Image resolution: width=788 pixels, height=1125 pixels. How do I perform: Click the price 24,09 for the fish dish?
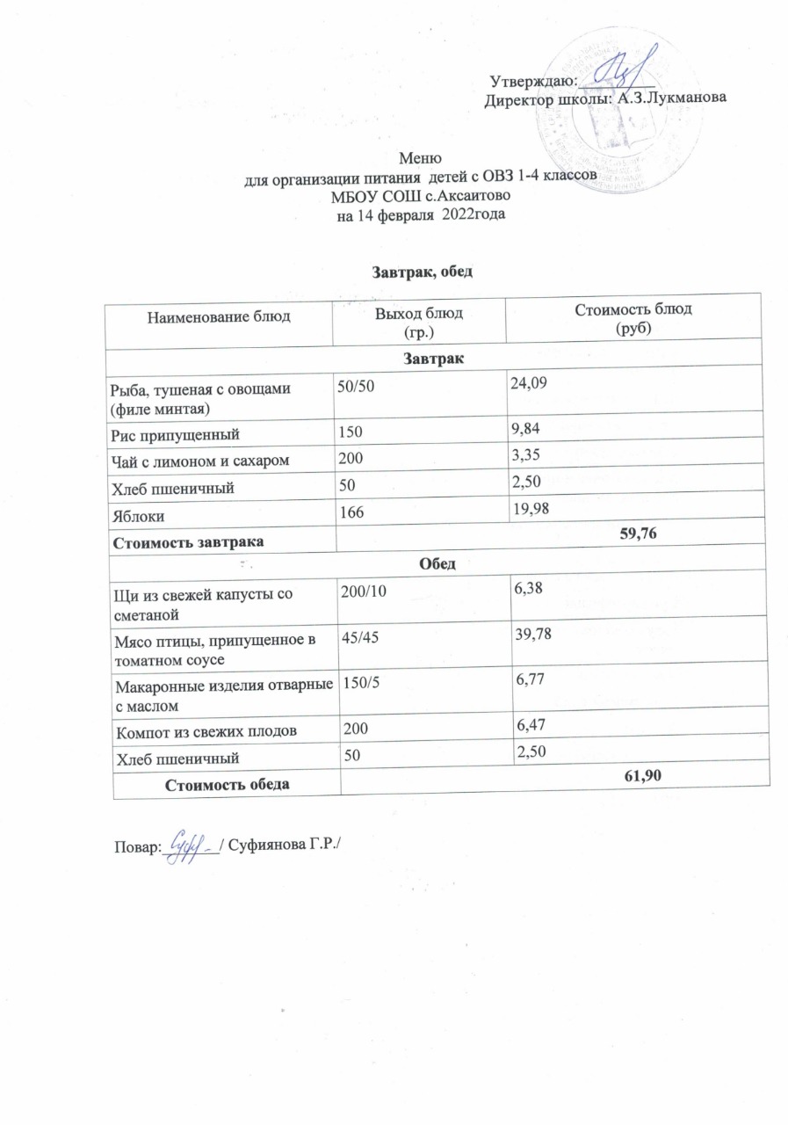pos(529,381)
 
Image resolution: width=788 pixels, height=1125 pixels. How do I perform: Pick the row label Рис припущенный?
pos(171,434)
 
